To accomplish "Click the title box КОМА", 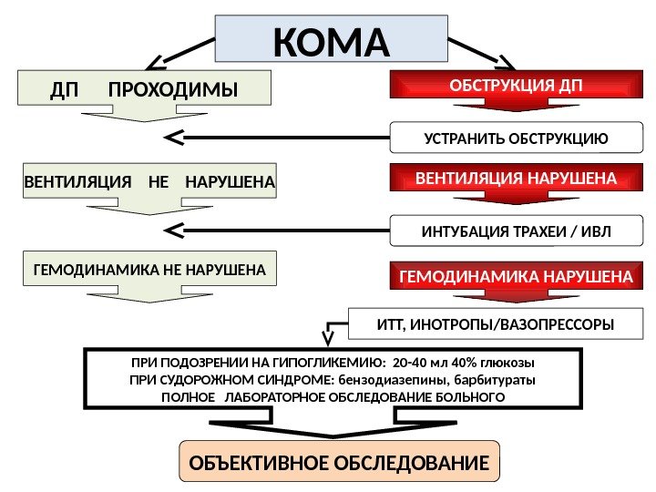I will pos(331,43).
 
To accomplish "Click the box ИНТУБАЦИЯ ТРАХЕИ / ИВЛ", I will pos(516,231).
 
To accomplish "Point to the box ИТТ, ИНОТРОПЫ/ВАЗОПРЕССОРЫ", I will pos(496,323).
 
